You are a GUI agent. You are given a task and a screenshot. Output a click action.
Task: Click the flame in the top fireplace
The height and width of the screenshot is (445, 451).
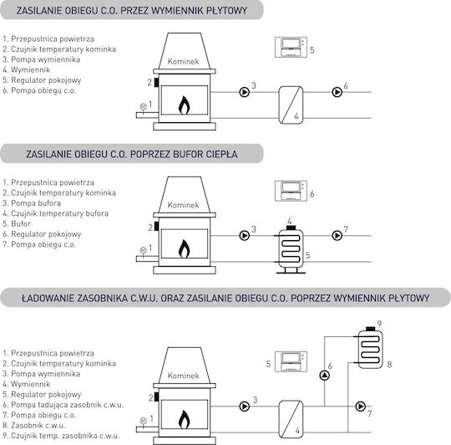click(184, 105)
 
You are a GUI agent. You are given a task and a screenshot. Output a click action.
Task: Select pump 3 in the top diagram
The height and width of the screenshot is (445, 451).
click(245, 92)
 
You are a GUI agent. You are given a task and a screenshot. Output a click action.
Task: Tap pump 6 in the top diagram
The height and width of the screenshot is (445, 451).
click(337, 92)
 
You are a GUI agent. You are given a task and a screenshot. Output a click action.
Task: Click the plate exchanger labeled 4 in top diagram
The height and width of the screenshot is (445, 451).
click(291, 105)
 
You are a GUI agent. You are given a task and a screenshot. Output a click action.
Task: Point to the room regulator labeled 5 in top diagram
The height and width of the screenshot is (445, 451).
click(291, 47)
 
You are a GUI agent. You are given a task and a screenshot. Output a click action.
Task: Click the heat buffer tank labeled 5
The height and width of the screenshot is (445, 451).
click(291, 250)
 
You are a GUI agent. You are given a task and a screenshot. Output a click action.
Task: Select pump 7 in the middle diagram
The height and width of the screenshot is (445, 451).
click(337, 236)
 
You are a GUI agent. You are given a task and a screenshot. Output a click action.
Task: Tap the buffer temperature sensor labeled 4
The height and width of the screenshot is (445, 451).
click(291, 228)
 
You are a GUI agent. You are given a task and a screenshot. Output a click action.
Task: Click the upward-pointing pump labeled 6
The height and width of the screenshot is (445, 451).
click(324, 376)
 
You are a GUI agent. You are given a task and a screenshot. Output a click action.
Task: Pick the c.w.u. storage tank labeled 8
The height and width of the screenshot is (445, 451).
click(370, 350)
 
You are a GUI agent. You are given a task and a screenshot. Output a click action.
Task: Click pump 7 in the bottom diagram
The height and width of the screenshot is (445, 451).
click(361, 407)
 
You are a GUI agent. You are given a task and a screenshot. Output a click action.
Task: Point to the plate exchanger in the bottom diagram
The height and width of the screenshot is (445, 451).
click(291, 419)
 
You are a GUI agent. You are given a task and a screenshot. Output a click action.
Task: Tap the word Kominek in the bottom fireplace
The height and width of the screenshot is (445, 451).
click(183, 376)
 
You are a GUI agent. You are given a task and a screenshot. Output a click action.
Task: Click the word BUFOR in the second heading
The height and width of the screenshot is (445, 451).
click(188, 154)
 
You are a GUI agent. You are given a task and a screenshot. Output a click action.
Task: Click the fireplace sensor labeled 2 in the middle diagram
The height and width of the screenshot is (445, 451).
click(156, 227)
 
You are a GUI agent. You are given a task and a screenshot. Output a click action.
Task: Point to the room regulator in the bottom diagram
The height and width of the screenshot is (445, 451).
click(291, 361)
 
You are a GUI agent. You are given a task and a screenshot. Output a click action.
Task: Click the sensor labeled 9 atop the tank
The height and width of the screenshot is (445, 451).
click(371, 329)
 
